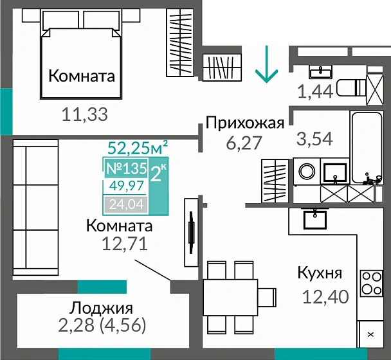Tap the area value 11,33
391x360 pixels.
(x=84, y=115)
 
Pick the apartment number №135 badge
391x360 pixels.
(x=126, y=170)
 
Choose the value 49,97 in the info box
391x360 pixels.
(x=125, y=187)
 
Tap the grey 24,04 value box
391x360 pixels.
(x=125, y=205)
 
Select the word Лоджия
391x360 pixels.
(x=102, y=307)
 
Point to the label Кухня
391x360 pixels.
(x=319, y=273)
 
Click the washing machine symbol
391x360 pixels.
(x=309, y=172)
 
